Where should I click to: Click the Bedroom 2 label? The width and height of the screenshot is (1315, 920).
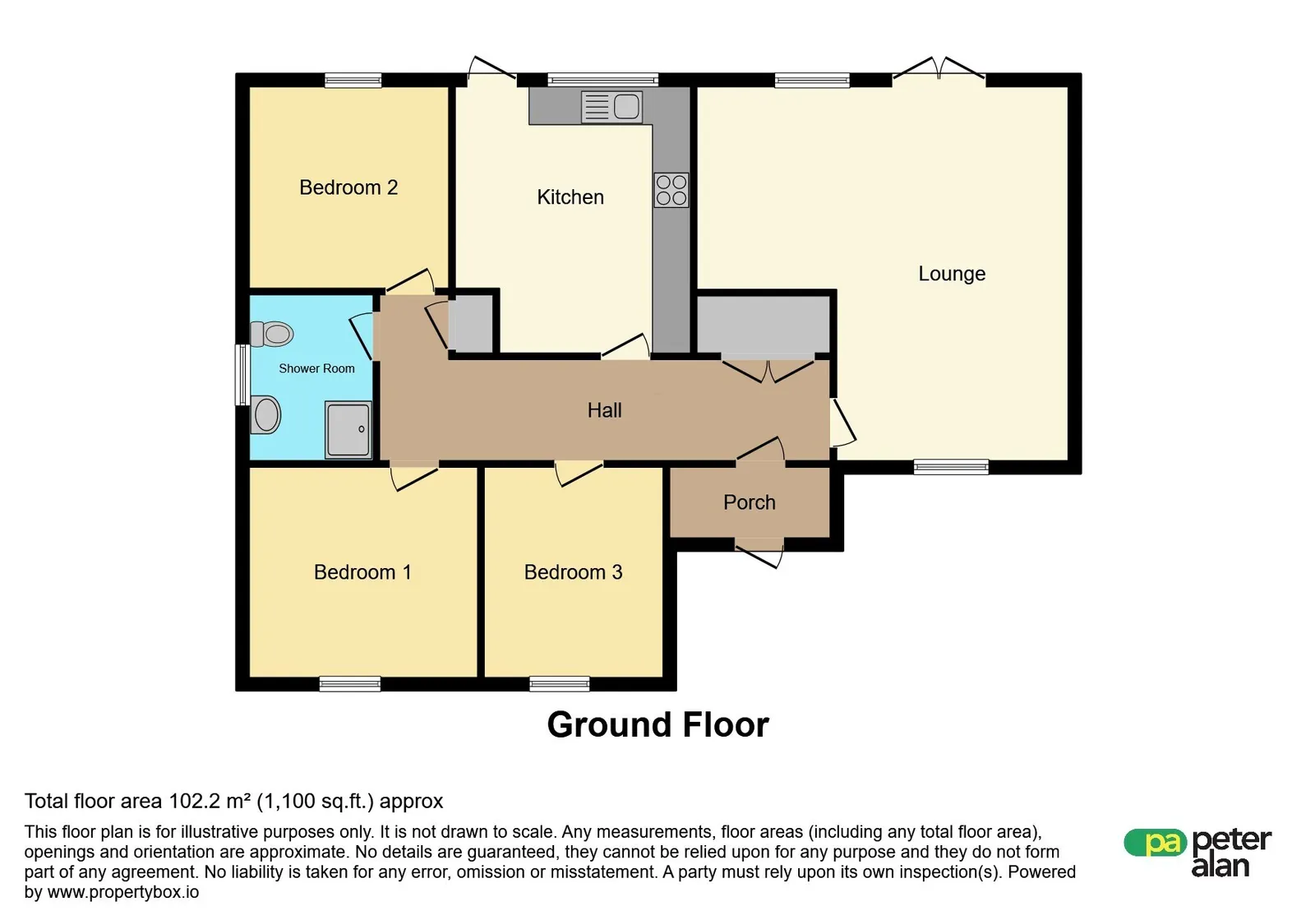(x=348, y=187)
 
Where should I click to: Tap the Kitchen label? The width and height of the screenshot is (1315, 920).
(x=570, y=196)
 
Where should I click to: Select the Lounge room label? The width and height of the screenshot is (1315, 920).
(x=952, y=274)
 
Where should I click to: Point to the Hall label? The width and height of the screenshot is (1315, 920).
(x=604, y=409)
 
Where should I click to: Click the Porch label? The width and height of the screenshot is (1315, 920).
(x=749, y=502)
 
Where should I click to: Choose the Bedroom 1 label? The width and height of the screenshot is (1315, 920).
(x=362, y=572)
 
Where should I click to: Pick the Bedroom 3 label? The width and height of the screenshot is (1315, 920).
(x=573, y=572)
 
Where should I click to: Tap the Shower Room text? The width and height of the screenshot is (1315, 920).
(x=316, y=368)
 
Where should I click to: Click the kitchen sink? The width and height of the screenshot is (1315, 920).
(x=611, y=107)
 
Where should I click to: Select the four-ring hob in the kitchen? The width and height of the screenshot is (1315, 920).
(x=671, y=190)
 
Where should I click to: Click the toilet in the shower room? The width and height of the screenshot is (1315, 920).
(x=271, y=334)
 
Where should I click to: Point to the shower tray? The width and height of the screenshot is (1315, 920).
(x=348, y=430)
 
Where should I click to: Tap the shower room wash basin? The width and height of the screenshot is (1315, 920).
(x=265, y=414)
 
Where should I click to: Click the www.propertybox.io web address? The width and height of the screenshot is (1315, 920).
(x=123, y=892)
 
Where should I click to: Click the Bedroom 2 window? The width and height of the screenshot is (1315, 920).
(x=353, y=81)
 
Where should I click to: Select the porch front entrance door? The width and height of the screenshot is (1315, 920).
(x=759, y=552)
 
